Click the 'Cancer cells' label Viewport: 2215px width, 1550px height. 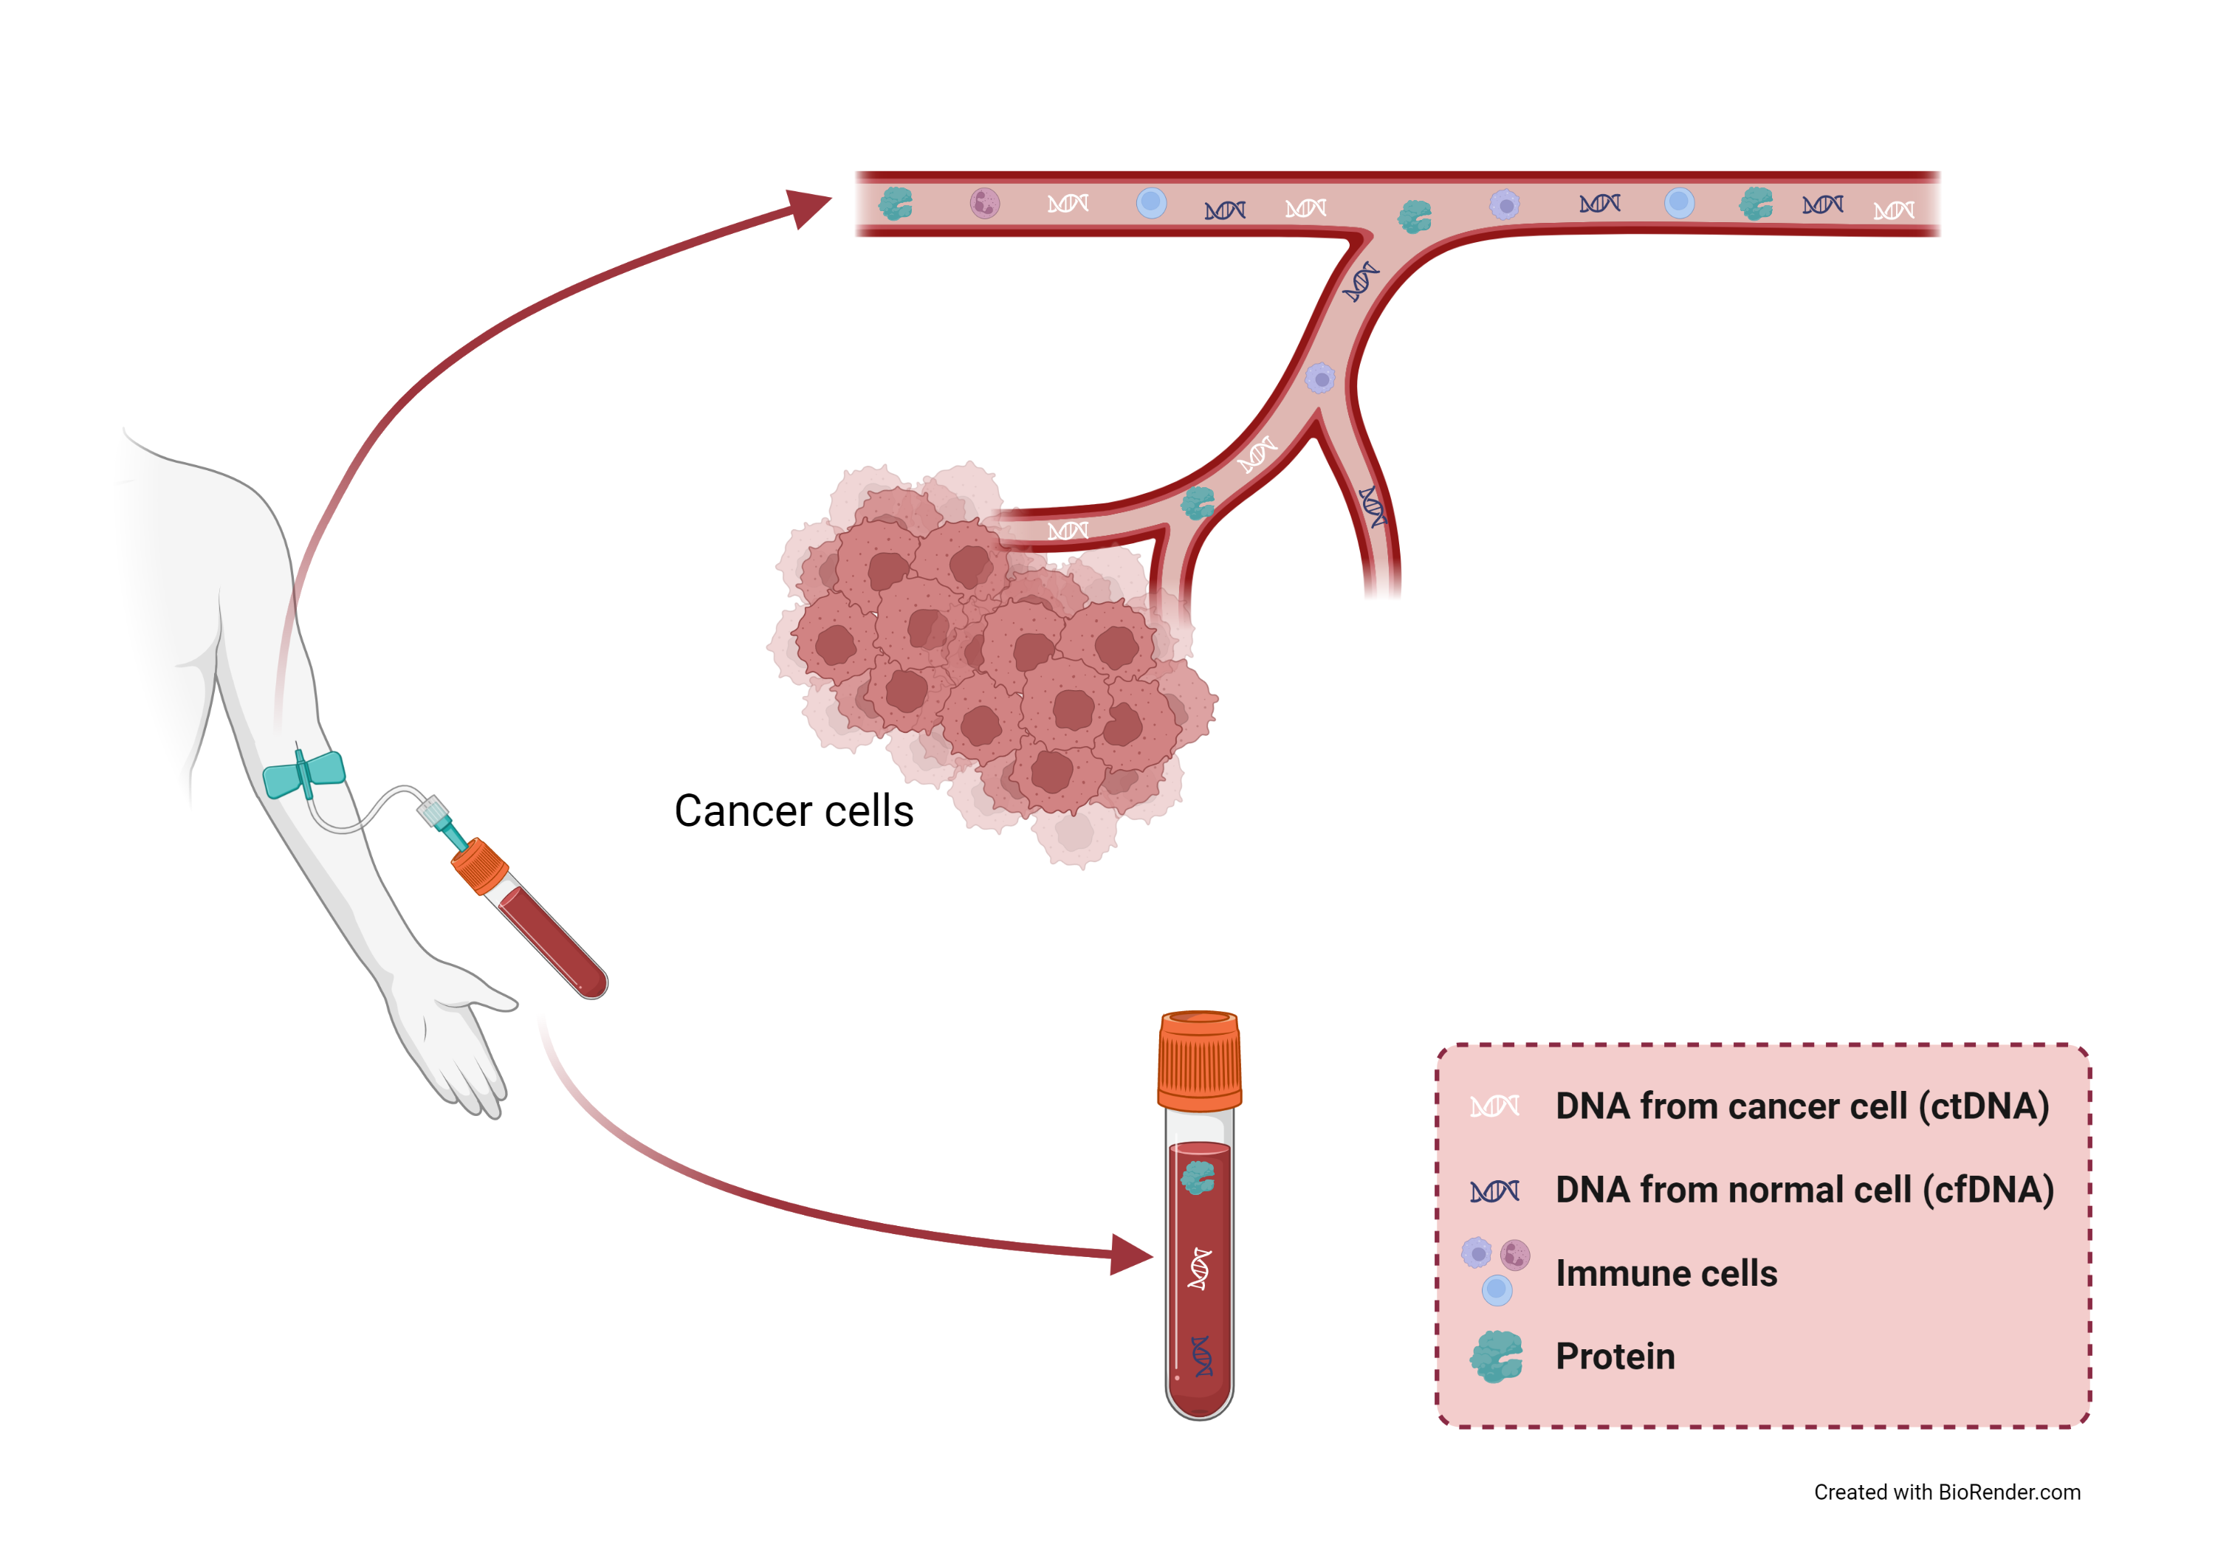[793, 811]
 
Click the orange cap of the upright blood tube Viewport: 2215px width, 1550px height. [1199, 1061]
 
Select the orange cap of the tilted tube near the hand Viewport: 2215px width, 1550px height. [479, 865]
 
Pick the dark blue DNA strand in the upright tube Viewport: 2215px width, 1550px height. [1202, 1356]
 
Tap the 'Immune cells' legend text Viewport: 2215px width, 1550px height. [1666, 1273]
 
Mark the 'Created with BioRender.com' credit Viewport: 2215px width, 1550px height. [1947, 1492]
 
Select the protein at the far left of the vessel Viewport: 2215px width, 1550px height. [896, 204]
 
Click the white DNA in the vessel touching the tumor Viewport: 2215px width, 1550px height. [1068, 531]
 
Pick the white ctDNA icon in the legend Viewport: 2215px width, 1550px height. [1494, 1106]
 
